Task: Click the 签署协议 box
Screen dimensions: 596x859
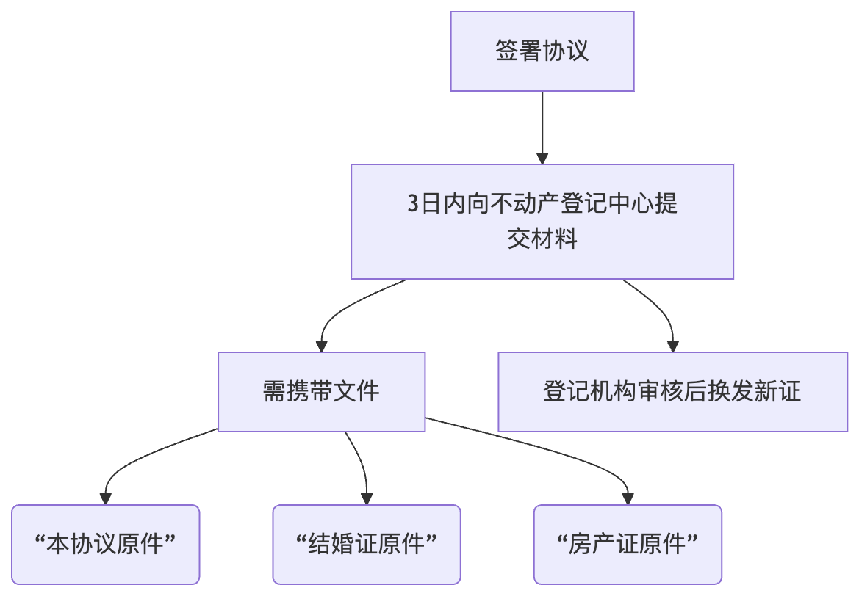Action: tap(542, 51)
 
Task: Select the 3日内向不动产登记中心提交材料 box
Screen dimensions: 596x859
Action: tap(542, 221)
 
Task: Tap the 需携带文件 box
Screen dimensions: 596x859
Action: tap(321, 391)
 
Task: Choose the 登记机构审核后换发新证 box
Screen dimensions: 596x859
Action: tap(672, 391)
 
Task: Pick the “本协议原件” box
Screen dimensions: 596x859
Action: tap(106, 544)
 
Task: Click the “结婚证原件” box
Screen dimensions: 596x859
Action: tap(366, 544)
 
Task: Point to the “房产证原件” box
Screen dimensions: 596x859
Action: tap(627, 544)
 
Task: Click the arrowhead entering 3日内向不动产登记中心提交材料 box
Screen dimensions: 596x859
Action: tap(542, 158)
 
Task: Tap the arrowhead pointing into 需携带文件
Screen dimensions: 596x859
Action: tap(321, 346)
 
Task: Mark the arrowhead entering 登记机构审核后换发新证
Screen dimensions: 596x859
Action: tap(672, 346)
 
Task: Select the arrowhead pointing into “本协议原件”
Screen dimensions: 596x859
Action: tap(106, 498)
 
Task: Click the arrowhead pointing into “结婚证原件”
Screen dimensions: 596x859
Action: tap(366, 498)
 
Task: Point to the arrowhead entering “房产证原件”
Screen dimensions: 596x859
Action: tap(627, 498)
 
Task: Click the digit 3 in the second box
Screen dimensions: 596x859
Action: tap(414, 203)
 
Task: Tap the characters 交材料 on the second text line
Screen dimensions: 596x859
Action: tap(542, 239)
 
